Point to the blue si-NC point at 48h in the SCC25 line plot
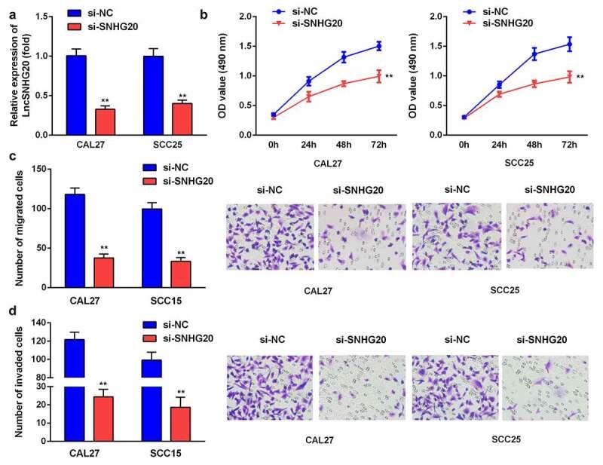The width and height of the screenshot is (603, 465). point(534,54)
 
